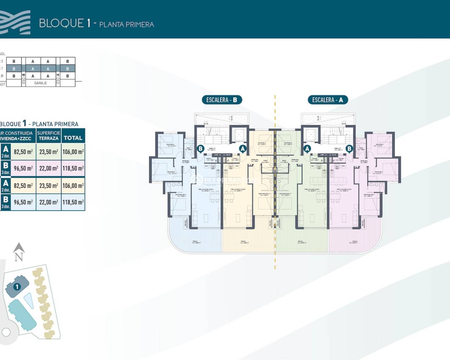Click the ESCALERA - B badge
click(222, 100)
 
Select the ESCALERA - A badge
click(327, 100)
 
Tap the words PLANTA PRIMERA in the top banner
click(127, 25)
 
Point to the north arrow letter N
click(19, 257)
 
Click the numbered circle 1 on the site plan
click(17, 287)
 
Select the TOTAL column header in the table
click(73, 138)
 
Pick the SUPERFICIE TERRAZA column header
click(49, 136)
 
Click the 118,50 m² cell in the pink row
click(73, 168)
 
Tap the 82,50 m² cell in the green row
click(23, 152)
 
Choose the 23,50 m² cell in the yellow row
click(49, 186)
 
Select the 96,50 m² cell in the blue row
click(23, 202)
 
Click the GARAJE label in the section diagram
click(41, 83)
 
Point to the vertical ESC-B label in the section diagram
click(24, 79)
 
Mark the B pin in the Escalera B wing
click(200, 149)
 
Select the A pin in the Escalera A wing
click(307, 149)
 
